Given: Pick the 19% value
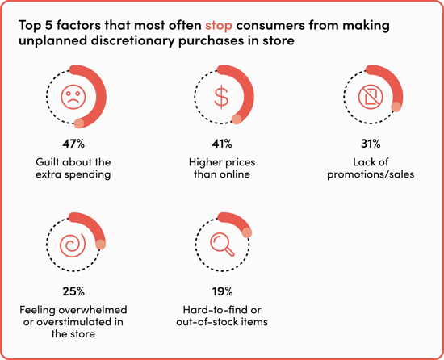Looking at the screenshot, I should coord(222,291).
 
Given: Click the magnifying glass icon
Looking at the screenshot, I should coord(222,244).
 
